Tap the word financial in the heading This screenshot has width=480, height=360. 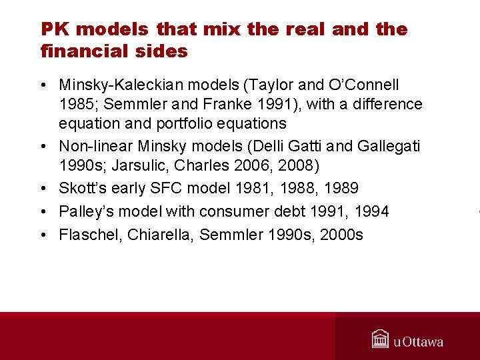75,51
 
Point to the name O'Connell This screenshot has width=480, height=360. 364,85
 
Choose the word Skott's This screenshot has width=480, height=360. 82,189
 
